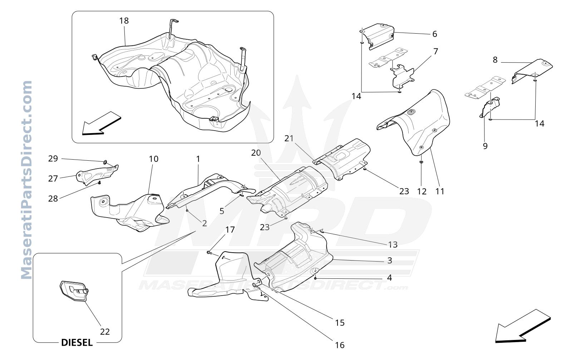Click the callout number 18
[124, 21]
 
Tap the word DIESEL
[77, 343]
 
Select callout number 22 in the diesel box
[105, 332]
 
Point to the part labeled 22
[74, 292]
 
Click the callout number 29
[53, 159]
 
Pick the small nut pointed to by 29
[105, 162]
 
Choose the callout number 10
[153, 159]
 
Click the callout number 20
[256, 153]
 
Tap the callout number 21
[289, 138]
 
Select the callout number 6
[435, 34]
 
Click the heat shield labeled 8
[532, 70]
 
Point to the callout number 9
[485, 146]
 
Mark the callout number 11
[440, 191]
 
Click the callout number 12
[422, 191]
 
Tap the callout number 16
[340, 345]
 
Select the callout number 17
[230, 230]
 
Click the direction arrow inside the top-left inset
[102, 123]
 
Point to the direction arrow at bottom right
[523, 326]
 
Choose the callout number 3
[390, 261]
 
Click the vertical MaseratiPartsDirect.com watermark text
[26, 180]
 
